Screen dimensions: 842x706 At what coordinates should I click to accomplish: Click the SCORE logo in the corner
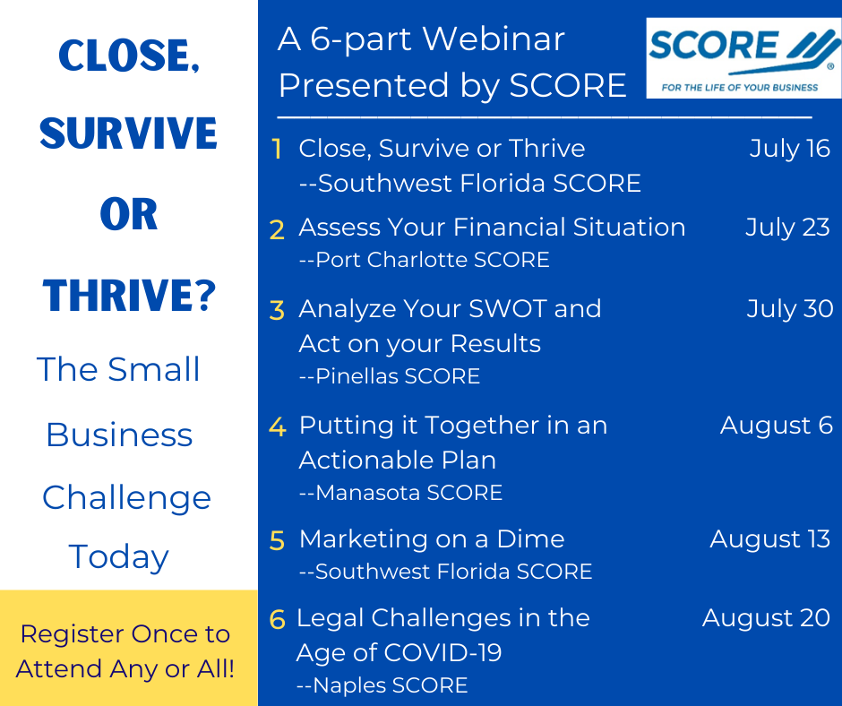[x=743, y=58]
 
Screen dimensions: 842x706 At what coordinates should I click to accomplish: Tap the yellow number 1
[x=277, y=149]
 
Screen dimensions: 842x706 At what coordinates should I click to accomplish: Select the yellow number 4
[x=277, y=426]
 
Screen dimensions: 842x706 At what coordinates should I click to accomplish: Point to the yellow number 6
[x=277, y=619]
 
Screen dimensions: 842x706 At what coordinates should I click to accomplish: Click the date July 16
[x=790, y=149]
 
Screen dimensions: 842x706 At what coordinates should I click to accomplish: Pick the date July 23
[x=787, y=228]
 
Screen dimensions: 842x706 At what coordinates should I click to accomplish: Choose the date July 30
[x=790, y=309]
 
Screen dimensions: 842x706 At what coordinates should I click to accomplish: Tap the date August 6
[x=777, y=426]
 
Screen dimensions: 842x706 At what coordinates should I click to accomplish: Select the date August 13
[x=770, y=538]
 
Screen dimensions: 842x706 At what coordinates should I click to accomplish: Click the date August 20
[x=766, y=618]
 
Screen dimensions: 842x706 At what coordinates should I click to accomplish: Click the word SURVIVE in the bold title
[x=128, y=133]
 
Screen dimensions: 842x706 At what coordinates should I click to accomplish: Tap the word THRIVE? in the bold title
[x=129, y=295]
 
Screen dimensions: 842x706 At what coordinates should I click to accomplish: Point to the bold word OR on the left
[x=129, y=214]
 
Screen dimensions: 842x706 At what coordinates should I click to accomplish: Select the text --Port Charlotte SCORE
[x=425, y=260]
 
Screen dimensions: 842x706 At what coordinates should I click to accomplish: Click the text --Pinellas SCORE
[x=390, y=376]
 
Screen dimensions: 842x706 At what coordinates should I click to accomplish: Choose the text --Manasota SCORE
[x=400, y=493]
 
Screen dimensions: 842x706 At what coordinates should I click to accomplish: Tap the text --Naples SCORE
[x=382, y=685]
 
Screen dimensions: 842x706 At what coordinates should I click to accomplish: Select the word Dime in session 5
[x=530, y=538]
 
